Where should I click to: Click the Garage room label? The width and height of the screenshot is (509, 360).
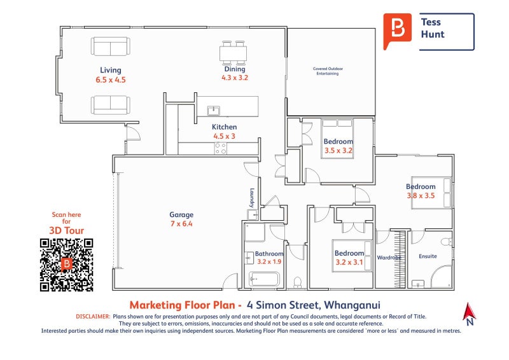(181, 214)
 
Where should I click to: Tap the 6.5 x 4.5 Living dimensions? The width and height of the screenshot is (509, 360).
(111, 80)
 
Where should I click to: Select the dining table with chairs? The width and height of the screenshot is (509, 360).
(233, 53)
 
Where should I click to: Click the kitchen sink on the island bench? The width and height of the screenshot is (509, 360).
(213, 111)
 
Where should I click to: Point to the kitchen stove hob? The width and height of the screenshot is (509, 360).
(220, 148)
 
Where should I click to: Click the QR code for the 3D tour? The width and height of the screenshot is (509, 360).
(67, 265)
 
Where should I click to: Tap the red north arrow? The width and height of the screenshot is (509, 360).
(469, 311)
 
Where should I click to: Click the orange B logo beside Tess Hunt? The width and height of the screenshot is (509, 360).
(397, 31)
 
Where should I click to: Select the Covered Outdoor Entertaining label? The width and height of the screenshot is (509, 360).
(328, 71)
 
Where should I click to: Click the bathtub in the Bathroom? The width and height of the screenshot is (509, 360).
(264, 279)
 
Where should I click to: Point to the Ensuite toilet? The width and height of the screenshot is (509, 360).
(447, 242)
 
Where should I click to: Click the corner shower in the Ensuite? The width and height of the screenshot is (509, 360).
(442, 277)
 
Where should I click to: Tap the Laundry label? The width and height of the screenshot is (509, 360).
(252, 198)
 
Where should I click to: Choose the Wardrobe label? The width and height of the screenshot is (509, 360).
(389, 258)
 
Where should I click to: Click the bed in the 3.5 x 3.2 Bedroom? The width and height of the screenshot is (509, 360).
(337, 139)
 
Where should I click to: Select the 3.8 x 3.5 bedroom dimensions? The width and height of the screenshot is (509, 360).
(421, 196)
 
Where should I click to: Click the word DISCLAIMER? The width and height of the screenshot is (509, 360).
(93, 317)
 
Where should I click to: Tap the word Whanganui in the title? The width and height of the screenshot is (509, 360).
(352, 305)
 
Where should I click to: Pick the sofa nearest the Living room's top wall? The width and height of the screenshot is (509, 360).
(111, 46)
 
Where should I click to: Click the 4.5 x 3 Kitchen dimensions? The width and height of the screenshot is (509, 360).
(224, 136)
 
